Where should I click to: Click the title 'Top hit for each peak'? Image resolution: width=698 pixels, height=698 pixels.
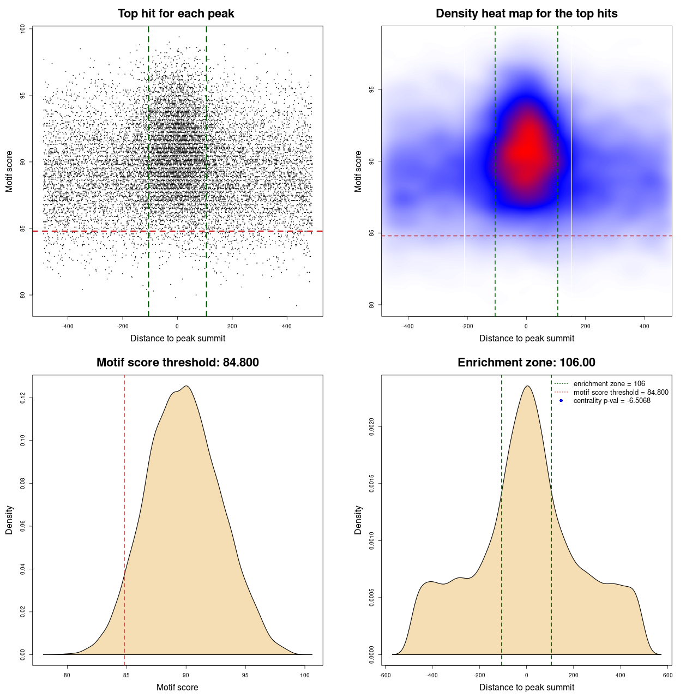tap(176, 14)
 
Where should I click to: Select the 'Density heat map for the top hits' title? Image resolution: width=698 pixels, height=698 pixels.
tap(526, 14)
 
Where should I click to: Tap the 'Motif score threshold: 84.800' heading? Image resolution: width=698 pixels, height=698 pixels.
tap(177, 363)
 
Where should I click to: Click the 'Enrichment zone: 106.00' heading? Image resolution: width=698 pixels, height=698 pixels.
tap(526, 363)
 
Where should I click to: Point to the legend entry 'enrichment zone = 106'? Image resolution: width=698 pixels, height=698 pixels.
tap(609, 384)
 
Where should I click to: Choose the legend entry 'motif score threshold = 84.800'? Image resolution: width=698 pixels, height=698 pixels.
tap(621, 392)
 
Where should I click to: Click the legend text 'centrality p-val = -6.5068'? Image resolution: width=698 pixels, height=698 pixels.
tap(611, 401)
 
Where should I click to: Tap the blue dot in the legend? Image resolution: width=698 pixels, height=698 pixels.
tap(561, 401)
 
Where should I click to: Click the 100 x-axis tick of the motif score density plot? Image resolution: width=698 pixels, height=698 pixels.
tap(305, 675)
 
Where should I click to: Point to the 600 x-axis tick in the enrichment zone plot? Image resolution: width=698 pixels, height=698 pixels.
tap(667, 675)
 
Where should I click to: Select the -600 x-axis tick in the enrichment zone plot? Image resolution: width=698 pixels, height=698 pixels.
tap(385, 675)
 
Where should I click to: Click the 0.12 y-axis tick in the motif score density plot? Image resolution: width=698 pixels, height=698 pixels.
tap(23, 398)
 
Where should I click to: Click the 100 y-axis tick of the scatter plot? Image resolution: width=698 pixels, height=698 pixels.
tap(23, 28)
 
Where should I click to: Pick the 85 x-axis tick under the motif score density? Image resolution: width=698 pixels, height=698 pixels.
tap(127, 675)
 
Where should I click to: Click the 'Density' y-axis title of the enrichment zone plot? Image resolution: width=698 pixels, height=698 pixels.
tap(358, 520)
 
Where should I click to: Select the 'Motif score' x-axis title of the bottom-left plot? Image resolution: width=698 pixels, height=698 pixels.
tap(177, 687)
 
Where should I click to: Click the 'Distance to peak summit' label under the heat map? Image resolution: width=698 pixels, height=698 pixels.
tap(526, 338)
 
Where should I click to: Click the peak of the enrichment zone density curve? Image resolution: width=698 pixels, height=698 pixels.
tap(527, 386)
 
